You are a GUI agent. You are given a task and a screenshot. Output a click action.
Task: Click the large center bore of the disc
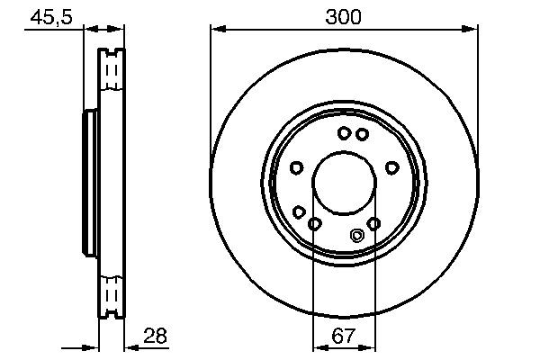345,184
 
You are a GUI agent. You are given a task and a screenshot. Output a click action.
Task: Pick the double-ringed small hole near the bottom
356,237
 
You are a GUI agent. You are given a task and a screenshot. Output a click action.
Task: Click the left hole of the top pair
344,133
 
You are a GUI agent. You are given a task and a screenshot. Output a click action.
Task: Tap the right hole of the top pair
362,134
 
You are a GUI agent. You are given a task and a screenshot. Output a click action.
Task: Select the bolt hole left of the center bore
296,167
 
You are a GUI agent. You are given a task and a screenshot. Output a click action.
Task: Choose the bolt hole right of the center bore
391,167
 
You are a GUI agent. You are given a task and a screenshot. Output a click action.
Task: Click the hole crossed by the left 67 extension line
314,223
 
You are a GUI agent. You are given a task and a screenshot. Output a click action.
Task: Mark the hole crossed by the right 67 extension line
374,223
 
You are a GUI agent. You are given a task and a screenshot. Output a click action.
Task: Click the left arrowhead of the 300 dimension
215,30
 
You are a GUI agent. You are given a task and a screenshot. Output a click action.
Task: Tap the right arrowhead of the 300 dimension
472,30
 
